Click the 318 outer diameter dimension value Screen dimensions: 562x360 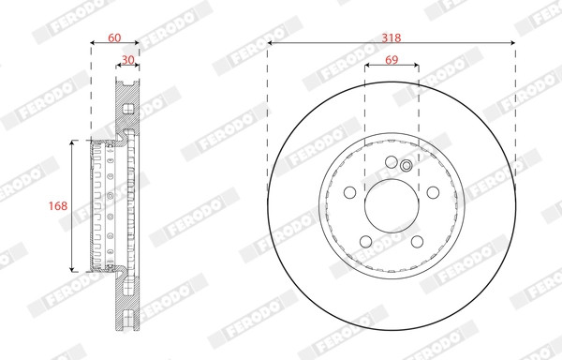point(391,37)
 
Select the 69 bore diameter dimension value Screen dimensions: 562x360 point(392,59)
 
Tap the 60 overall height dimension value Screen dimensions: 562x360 point(114,37)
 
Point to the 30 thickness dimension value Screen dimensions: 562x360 point(128,59)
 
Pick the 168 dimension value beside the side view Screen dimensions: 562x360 point(58,206)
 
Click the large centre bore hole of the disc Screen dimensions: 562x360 point(392,206)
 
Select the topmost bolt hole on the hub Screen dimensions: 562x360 point(392,162)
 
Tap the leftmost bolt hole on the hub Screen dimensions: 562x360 point(349,192)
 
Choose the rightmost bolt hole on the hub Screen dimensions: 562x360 point(433,192)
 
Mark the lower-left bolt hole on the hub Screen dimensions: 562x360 point(366,241)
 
